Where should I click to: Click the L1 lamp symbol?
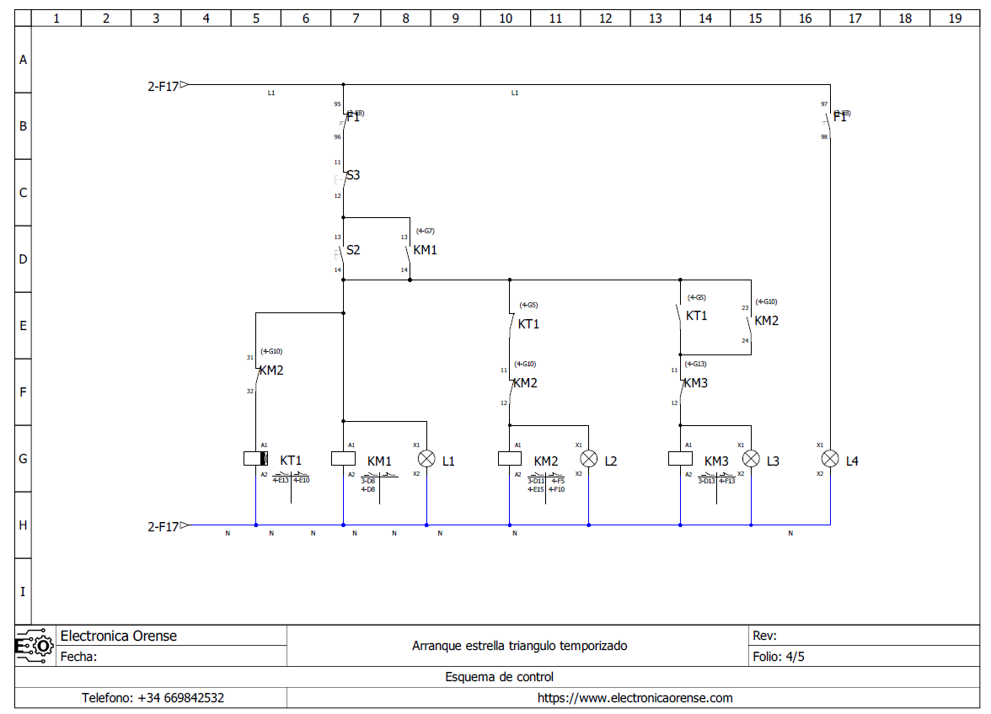pos(426,459)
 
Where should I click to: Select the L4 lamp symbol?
pos(830,459)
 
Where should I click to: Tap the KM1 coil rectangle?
pos(343,459)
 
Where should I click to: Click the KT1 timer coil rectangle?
pos(255,459)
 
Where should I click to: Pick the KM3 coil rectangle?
pos(680,459)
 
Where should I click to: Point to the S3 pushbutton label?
pos(353,175)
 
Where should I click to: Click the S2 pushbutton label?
pos(353,250)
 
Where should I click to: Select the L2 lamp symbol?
pos(588,459)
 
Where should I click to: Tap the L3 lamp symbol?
pos(751,459)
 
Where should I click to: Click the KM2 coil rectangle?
pos(510,459)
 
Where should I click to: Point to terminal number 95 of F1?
pos(337,104)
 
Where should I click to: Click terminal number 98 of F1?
pos(824,136)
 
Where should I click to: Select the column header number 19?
pos(955,18)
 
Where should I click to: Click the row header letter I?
pos(23,591)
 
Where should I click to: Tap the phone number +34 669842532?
pos(152,698)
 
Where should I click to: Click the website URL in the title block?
pos(635,698)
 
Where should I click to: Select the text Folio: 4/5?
pos(779,657)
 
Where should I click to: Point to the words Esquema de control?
pos(499,677)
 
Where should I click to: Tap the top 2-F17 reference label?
pos(163,85)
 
